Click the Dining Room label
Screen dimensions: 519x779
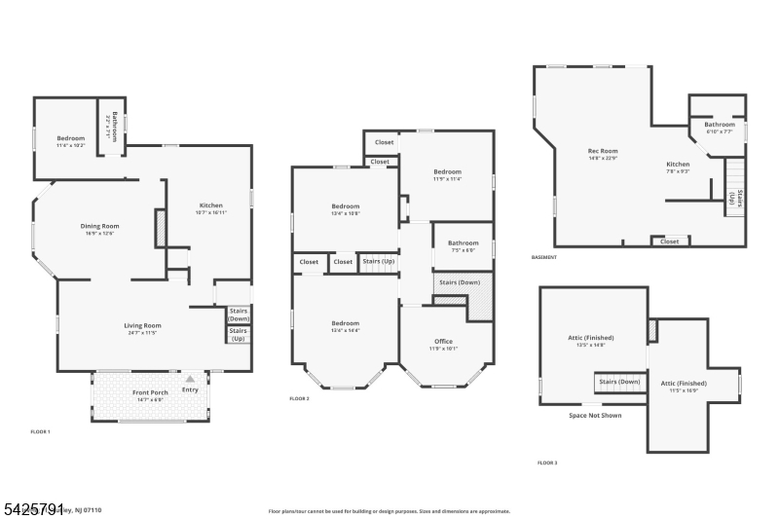click(99, 226)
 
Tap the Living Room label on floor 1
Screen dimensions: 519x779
click(142, 325)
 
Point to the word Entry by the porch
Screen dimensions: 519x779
click(190, 389)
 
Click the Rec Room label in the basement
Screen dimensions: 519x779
click(603, 151)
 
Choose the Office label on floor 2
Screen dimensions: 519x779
click(443, 341)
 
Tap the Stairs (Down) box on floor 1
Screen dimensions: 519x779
click(239, 315)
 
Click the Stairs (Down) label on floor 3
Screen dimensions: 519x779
click(619, 382)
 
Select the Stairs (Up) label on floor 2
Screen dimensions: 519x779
click(378, 261)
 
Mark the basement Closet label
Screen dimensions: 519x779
click(670, 241)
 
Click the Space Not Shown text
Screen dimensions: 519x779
click(595, 416)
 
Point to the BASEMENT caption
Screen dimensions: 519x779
click(544, 257)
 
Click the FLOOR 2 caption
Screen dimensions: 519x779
click(299, 399)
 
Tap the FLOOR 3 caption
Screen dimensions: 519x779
click(547, 463)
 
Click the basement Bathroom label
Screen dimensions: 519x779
click(720, 125)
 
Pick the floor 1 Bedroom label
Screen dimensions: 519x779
click(70, 138)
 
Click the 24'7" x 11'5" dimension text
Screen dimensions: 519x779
click(142, 333)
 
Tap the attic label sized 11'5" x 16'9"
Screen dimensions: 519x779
click(684, 383)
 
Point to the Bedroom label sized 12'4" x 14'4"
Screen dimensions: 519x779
click(345, 323)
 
